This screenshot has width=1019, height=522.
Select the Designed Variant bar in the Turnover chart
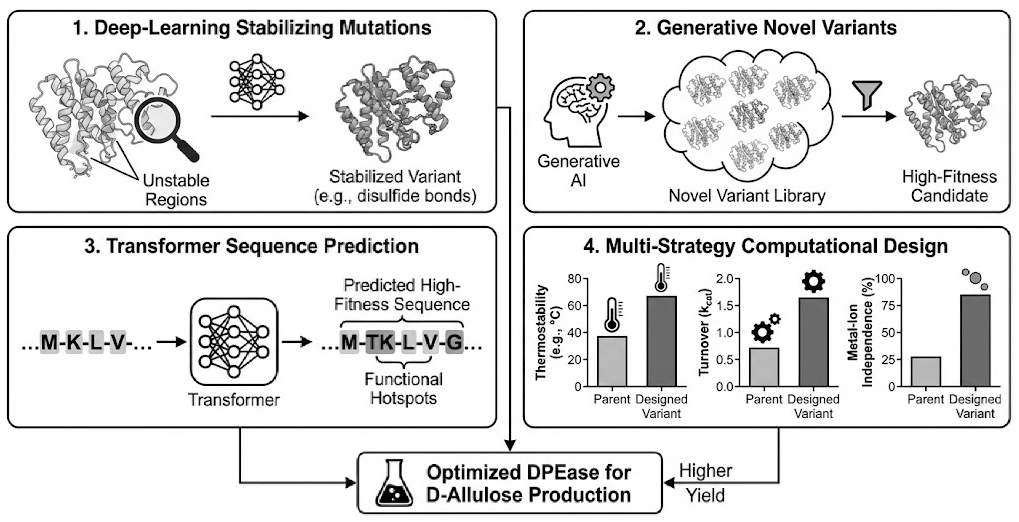[814, 342]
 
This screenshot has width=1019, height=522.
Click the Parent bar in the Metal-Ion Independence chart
[926, 372]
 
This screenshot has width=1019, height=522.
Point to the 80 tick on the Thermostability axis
[574, 279]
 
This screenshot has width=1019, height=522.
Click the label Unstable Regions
[176, 190]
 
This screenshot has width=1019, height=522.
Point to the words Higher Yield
[705, 483]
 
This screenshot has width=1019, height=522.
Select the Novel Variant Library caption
[747, 196]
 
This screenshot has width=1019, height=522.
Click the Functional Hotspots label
[403, 389]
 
